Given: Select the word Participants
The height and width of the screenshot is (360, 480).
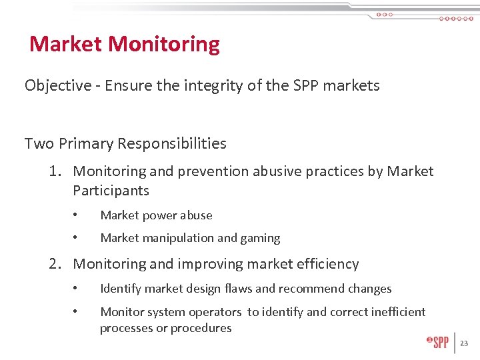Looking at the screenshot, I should point(111,191).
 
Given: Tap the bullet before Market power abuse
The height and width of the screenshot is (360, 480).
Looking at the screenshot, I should point(77,215).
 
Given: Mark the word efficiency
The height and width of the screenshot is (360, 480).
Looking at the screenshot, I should point(325,264).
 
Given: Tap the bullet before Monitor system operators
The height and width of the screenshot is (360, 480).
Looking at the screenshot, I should point(77,312).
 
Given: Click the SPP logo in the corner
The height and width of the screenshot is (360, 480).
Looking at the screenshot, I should point(438,342).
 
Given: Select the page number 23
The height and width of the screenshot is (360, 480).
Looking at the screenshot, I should point(464,343).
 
